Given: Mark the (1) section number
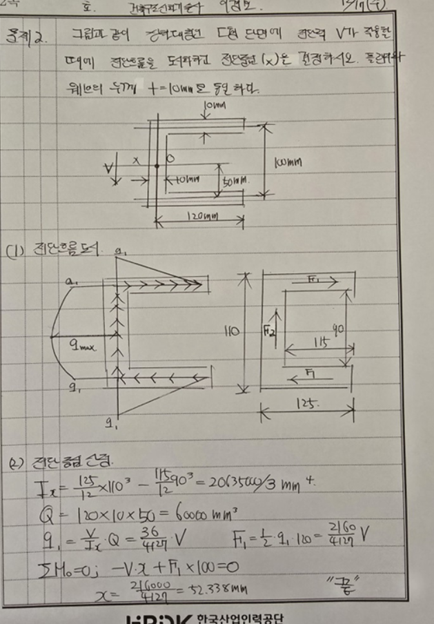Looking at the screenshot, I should pyautogui.click(x=14, y=250).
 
